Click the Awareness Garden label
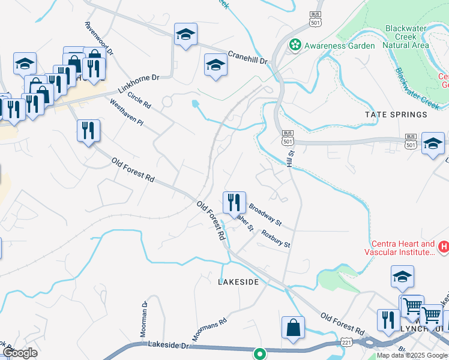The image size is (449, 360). point(339,46)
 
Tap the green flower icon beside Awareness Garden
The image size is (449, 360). point(295,45)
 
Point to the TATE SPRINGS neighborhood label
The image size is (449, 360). point(396,114)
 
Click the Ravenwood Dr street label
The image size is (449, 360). point(99,40)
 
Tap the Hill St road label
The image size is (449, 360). point(291,159)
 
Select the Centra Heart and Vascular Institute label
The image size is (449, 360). point(402,248)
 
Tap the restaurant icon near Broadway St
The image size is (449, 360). point(234,202)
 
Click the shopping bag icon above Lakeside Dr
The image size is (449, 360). point(294,328)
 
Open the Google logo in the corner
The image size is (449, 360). point(20,353)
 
